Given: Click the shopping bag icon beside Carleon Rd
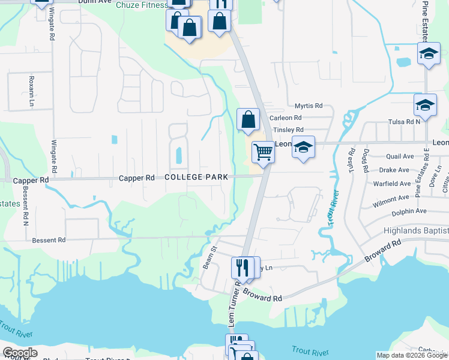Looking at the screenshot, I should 248,120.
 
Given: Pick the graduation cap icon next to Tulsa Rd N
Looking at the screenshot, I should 425,106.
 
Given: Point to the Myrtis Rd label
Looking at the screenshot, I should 309,105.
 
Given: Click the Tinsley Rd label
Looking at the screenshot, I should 288,130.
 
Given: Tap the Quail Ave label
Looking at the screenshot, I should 400,157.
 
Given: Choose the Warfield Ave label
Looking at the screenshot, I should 391,184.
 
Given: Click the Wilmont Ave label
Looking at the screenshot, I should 390,199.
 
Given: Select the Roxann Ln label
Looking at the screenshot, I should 32,91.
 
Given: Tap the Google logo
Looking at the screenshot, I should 20,353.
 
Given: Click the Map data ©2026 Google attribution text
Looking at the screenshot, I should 412,355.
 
